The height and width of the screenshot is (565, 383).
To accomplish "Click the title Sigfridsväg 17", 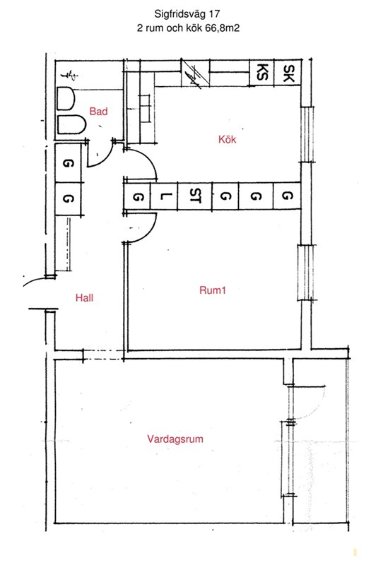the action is (x=187, y=14).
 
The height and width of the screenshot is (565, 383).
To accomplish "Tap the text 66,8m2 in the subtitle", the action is (x=223, y=28).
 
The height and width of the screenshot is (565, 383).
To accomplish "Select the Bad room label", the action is (x=98, y=112).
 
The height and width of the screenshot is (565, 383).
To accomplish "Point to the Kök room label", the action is (x=228, y=139).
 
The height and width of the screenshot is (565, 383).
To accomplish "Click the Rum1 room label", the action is (x=213, y=290).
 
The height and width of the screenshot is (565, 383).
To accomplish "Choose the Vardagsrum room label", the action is (x=175, y=439).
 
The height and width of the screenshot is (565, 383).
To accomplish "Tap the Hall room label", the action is (x=84, y=297).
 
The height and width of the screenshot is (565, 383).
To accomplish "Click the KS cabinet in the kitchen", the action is (x=261, y=73).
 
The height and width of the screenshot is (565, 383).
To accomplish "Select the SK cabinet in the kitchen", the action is (x=288, y=73).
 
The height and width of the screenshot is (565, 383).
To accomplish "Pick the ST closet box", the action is (x=195, y=196).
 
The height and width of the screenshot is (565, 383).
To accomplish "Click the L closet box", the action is (x=164, y=196).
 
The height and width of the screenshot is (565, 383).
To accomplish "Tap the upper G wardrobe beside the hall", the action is (x=68, y=163).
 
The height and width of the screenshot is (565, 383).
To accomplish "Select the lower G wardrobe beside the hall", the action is (x=68, y=199).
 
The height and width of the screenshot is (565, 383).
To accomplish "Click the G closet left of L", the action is (x=137, y=196).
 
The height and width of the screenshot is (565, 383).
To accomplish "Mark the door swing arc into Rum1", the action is (x=150, y=232).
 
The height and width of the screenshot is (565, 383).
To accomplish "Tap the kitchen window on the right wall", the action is (x=307, y=135).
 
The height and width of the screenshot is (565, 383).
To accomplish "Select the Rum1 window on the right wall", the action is (x=307, y=273).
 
